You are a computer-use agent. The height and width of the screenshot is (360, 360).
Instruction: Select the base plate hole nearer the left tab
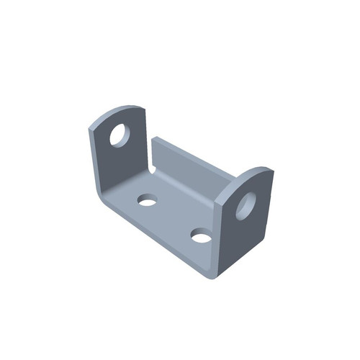click(148, 199)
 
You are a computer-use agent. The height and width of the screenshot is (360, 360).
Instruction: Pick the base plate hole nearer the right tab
click(202, 235)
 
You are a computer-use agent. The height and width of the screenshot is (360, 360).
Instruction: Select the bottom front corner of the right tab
click(219, 274)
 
